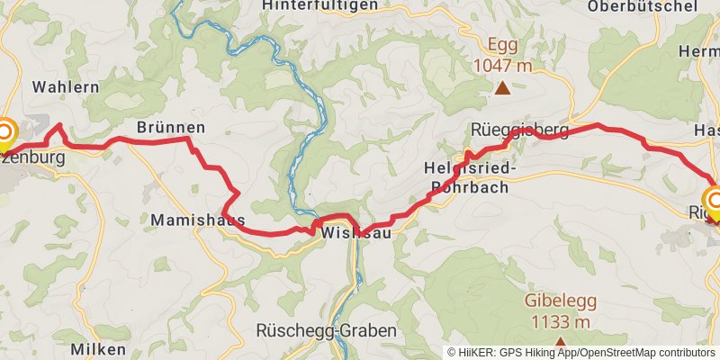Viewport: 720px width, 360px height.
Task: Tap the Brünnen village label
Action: coord(171,128)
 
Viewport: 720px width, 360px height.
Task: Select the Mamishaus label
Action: coord(198,220)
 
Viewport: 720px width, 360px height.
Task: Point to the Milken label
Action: coord(99,349)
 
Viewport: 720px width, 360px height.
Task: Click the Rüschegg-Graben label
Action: coord(326,331)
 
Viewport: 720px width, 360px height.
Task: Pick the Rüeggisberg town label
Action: coord(520,130)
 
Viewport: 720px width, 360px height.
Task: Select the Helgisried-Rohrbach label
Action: coord(468,178)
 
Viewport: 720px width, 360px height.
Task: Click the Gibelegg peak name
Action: coord(560,303)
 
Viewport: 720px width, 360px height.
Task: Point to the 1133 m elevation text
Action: coord(560,322)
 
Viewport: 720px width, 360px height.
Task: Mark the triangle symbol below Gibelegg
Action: coord(560,342)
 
